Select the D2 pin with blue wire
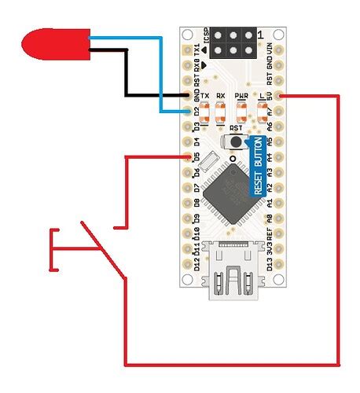pos(186,111)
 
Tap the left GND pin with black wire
pos(186,96)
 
